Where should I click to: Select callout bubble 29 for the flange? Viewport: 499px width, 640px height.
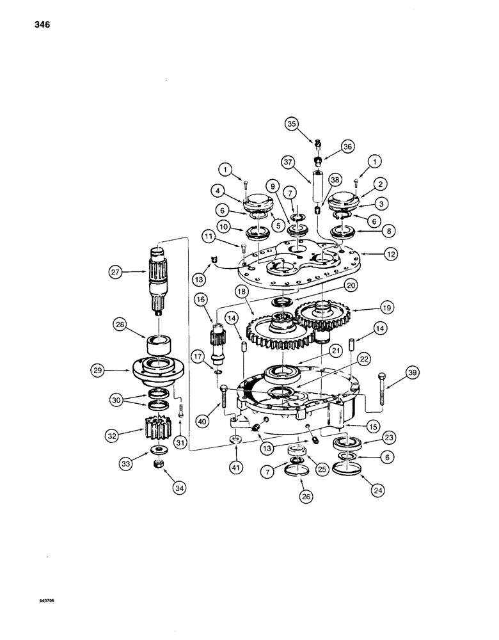pos(115,370)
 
